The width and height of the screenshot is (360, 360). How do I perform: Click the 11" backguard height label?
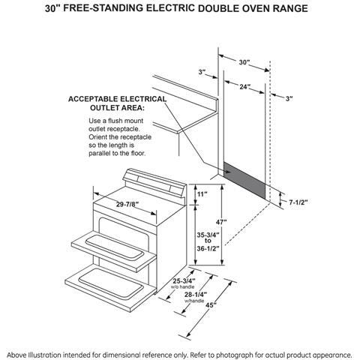pyautogui.click(x=202, y=195)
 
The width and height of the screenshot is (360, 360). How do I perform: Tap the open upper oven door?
pyautogui.click(x=112, y=242)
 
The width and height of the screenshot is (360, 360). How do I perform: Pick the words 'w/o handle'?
pyautogui.click(x=184, y=287)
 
